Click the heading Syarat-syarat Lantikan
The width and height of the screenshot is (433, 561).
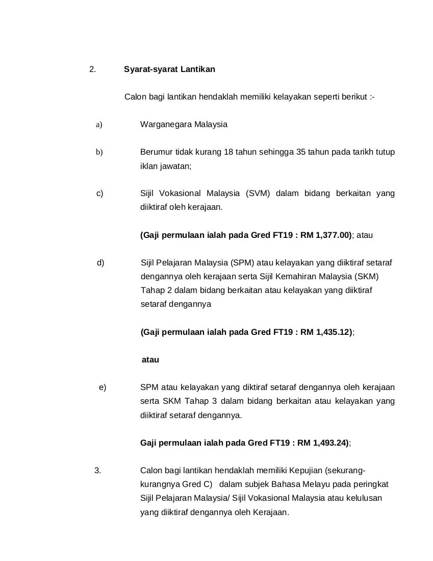(169, 69)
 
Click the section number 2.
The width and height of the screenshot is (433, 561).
(92, 69)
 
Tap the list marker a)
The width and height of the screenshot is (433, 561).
(99, 124)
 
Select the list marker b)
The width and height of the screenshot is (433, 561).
(99, 152)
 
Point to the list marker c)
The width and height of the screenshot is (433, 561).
(100, 193)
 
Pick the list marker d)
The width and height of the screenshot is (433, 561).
(100, 263)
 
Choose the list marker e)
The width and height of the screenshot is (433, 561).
(103, 387)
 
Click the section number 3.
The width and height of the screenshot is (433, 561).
(98, 471)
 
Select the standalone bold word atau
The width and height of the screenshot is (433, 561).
(150, 360)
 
